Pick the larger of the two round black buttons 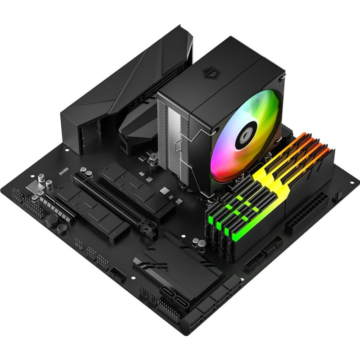pyautogui.click(x=52, y=220)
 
